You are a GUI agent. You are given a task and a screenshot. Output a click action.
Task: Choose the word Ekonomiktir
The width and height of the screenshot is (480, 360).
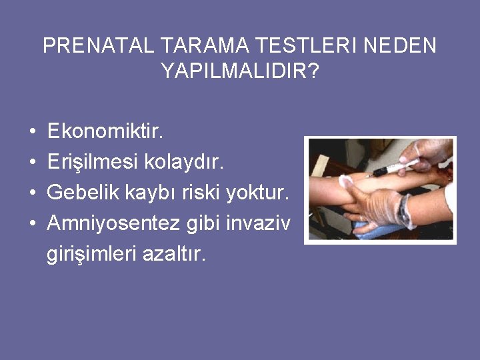pos(105,132)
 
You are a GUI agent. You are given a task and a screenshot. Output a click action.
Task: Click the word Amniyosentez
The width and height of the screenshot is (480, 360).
pos(113,223)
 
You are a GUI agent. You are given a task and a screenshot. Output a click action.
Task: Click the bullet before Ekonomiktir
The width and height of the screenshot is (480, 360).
pos(33,133)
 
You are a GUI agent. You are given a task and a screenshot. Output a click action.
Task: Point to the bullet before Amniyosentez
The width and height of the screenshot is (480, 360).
pos(33,224)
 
